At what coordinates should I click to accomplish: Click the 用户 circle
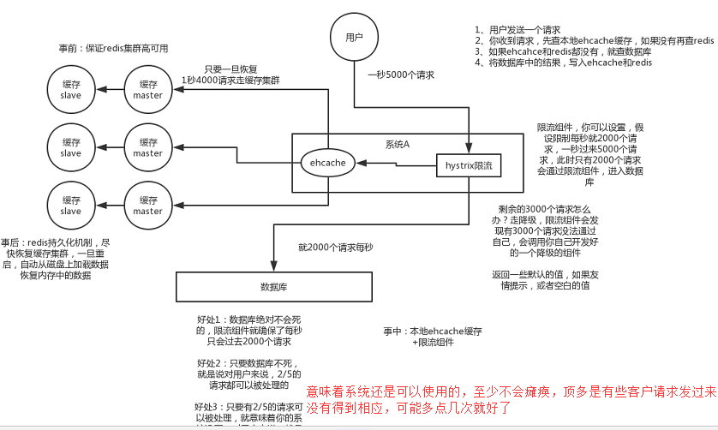click(354, 38)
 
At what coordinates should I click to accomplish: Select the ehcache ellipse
click(326, 162)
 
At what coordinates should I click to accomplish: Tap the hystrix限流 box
click(469, 163)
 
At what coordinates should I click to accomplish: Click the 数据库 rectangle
click(274, 286)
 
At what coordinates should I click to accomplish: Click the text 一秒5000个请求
click(401, 75)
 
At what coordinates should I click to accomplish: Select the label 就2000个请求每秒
click(336, 248)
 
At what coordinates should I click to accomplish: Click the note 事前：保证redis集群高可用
click(114, 47)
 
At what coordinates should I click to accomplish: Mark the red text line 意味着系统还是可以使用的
click(512, 391)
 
